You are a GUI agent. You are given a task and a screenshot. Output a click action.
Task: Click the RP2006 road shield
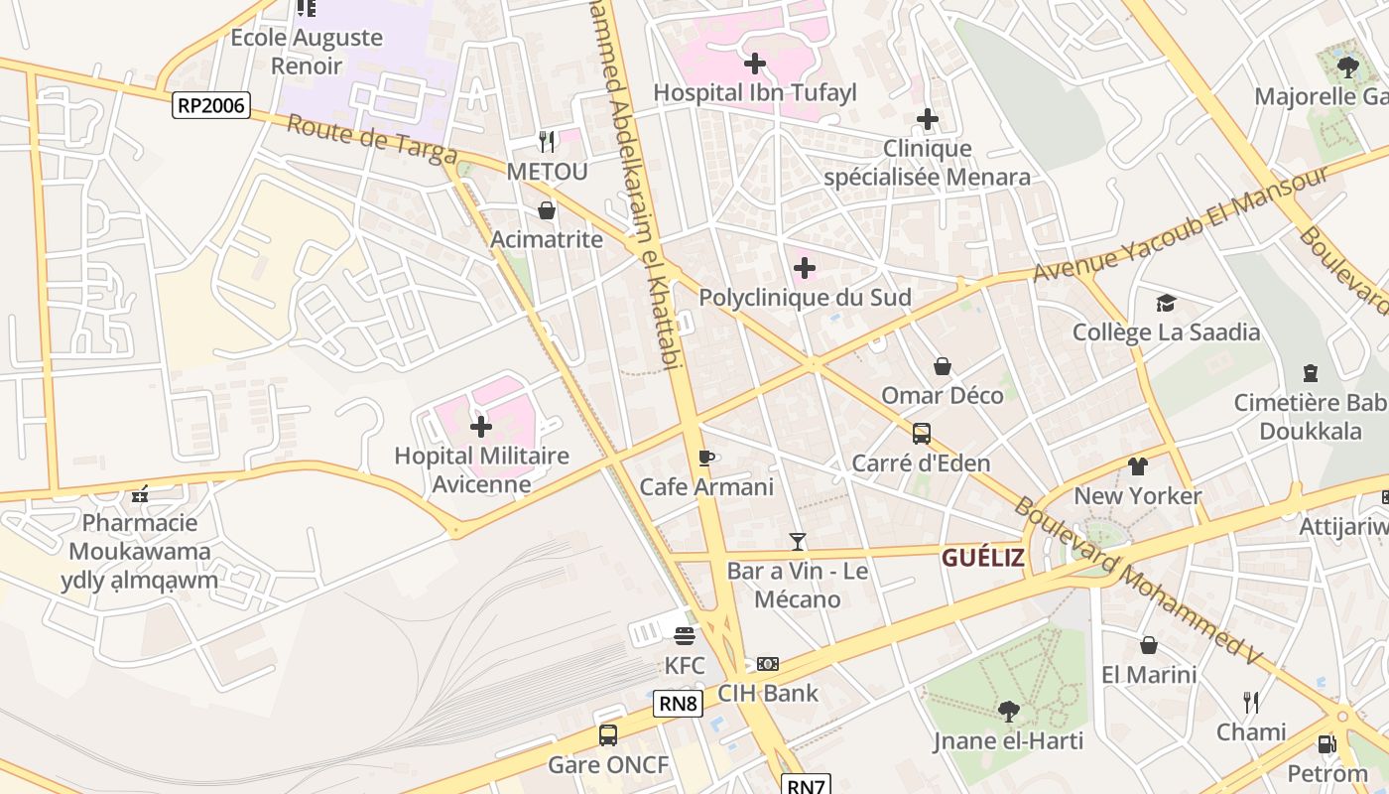(210, 105)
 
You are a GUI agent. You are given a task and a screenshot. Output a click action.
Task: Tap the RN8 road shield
(679, 705)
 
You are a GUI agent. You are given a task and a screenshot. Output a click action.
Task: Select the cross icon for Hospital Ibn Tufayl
(754, 64)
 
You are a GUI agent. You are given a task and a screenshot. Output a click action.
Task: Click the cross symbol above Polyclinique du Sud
(805, 268)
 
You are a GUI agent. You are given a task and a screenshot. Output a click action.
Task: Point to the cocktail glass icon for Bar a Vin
(797, 542)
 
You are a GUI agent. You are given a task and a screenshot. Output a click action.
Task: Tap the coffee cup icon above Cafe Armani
(705, 458)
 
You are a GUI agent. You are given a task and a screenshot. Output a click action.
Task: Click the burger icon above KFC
(685, 635)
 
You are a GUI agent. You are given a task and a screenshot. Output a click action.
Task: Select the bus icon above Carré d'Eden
(922, 434)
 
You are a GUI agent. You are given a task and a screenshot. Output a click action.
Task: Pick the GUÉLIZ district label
(982, 558)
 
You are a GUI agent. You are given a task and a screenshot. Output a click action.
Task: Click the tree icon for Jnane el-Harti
(1008, 711)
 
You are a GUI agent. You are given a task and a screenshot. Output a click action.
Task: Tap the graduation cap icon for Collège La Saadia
(1166, 303)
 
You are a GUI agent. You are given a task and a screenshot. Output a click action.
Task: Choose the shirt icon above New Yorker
(1137, 466)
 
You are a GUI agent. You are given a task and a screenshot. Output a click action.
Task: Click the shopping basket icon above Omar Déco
(943, 367)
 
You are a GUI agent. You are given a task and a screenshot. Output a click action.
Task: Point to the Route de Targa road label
(372, 141)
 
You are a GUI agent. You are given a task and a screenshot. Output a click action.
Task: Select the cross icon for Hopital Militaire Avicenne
(481, 427)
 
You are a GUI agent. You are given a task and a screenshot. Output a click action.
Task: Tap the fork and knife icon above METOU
(547, 142)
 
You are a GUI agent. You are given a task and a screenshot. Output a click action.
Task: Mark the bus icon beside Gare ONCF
(608, 735)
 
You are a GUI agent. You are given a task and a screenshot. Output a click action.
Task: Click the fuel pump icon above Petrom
(1326, 744)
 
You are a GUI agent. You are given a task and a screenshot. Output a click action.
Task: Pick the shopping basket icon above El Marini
(1148, 646)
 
